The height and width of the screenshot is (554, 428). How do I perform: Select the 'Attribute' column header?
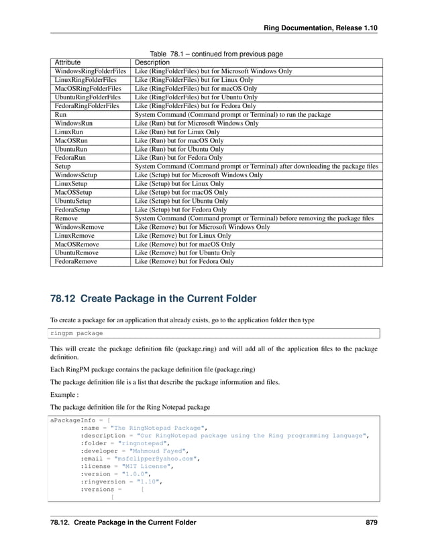[68, 62]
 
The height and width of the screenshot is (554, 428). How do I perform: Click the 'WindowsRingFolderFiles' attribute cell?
[90, 71]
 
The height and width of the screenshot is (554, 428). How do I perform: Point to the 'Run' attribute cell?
[60, 115]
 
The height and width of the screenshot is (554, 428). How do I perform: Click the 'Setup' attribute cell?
[63, 166]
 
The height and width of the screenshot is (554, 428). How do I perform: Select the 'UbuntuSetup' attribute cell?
[74, 201]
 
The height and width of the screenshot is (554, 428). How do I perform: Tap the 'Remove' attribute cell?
[66, 218]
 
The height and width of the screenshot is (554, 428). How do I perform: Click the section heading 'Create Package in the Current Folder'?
[154, 298]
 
